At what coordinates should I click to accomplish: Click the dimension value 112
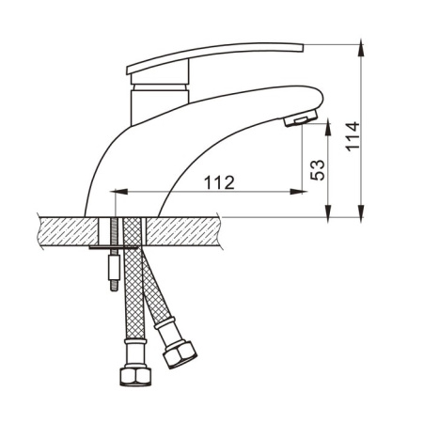[219, 182]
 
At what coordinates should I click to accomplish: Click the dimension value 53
[318, 170]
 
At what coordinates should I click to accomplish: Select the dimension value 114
[352, 136]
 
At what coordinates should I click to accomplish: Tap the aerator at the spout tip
[301, 118]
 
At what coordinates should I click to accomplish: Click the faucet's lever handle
[215, 58]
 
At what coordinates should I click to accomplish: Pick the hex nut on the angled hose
[180, 354]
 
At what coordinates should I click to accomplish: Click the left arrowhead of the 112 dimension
[120, 192]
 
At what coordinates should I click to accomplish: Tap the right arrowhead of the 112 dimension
[297, 192]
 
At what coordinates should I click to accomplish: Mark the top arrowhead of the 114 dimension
[361, 48]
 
